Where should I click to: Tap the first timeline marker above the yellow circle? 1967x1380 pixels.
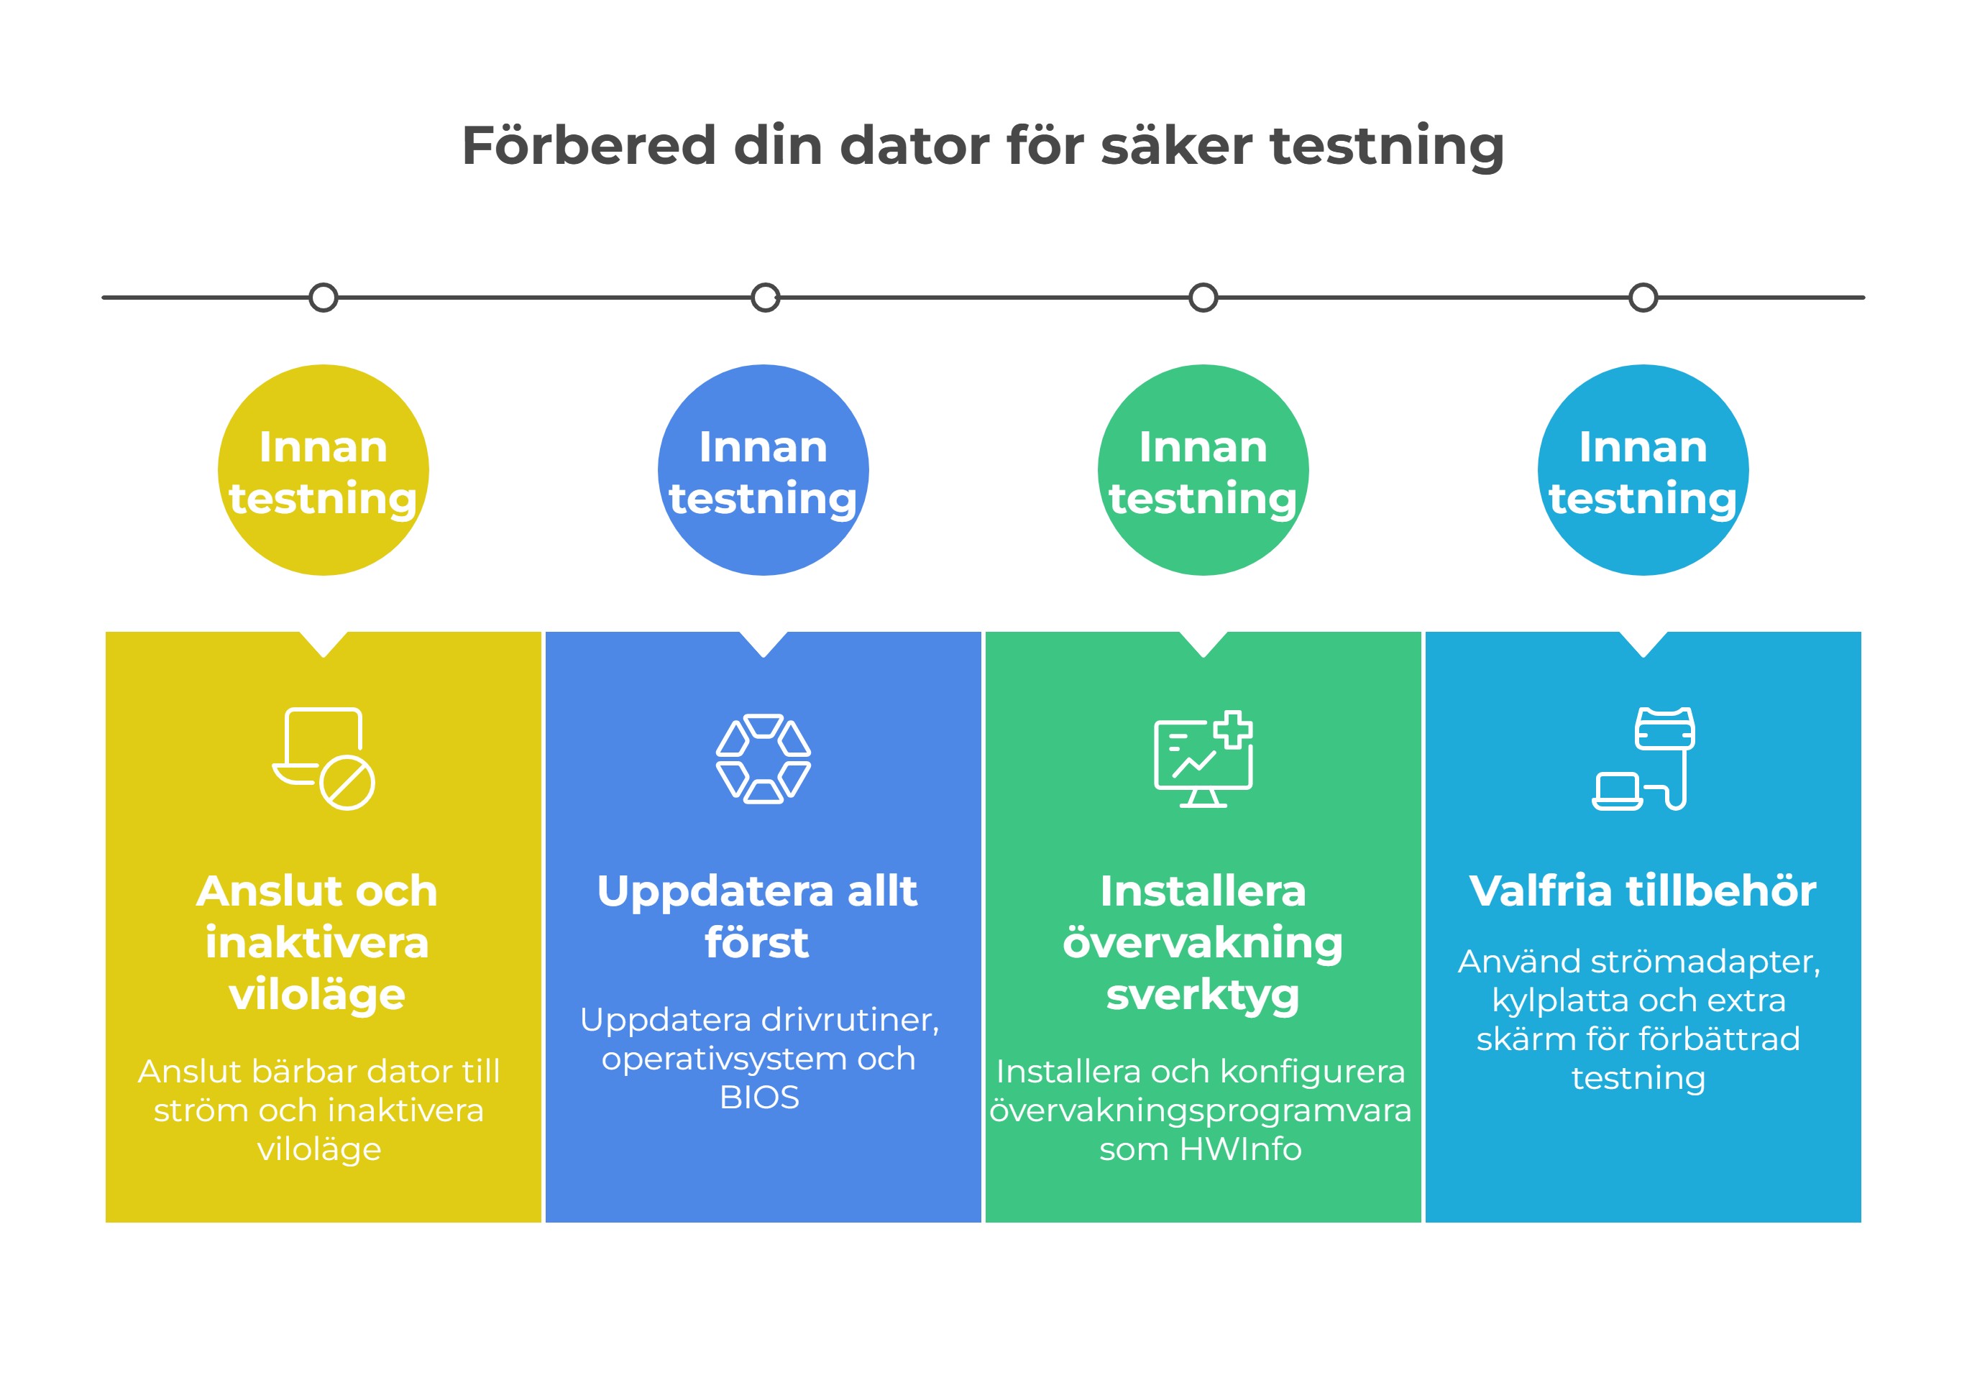pyautogui.click(x=323, y=298)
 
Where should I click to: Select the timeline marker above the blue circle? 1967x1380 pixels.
pyautogui.click(x=765, y=298)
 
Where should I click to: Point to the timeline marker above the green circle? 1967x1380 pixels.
pyautogui.click(x=1203, y=298)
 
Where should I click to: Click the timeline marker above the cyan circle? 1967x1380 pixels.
pyautogui.click(x=1643, y=298)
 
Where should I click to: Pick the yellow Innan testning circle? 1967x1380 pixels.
pyautogui.click(x=323, y=470)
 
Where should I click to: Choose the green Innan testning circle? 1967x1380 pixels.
pyautogui.click(x=1203, y=470)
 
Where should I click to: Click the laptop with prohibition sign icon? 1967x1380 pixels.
pyautogui.click(x=324, y=759)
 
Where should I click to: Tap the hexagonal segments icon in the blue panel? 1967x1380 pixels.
pyautogui.click(x=764, y=759)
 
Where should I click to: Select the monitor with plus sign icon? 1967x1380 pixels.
pyautogui.click(x=1203, y=759)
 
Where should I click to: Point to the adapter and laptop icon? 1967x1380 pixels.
pyautogui.click(x=1643, y=759)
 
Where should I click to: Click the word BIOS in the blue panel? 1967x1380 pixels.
pyautogui.click(x=760, y=1098)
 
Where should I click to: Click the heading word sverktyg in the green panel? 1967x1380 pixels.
pyautogui.click(x=1203, y=995)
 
